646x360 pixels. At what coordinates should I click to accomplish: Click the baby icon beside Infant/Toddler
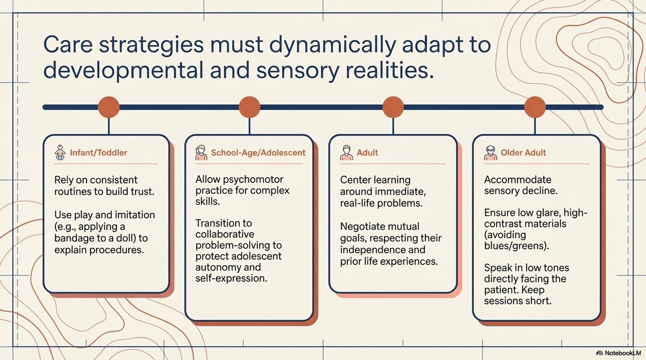click(60, 152)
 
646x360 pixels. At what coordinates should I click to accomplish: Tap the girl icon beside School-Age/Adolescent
click(201, 152)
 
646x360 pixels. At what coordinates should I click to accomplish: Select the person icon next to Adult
click(346, 152)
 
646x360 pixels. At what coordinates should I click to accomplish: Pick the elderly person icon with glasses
click(490, 153)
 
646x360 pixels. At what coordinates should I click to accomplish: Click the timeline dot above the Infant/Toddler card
click(109, 107)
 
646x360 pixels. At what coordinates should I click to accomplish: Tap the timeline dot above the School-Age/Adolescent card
click(250, 107)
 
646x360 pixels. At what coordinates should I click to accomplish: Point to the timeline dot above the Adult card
click(393, 107)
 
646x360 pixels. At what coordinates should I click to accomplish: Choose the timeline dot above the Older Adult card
click(535, 107)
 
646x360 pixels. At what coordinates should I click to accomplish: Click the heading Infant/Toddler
click(99, 152)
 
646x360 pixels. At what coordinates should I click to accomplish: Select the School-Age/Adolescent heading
click(258, 152)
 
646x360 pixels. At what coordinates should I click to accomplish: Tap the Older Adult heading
click(524, 152)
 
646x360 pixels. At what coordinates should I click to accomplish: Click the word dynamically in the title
click(332, 45)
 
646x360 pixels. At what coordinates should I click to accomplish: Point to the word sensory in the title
click(297, 71)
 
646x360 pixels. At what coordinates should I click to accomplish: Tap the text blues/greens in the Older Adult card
click(516, 246)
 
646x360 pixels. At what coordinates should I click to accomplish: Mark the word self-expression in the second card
click(232, 278)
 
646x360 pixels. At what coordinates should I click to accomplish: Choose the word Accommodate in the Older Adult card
click(518, 180)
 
